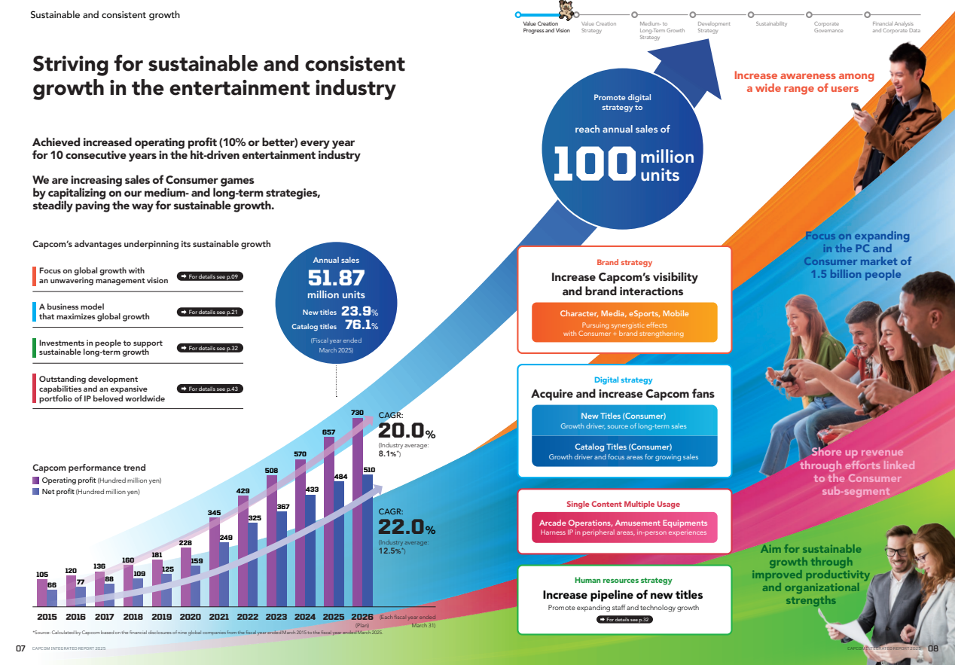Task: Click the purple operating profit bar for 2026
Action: click(358, 512)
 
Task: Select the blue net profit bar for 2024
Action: click(311, 550)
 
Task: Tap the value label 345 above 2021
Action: click(214, 512)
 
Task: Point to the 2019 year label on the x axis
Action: click(161, 616)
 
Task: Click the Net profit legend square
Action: click(35, 492)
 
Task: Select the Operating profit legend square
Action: click(35, 480)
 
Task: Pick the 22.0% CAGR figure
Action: click(405, 526)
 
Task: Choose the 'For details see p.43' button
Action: click(210, 389)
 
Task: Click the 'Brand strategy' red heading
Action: click(624, 263)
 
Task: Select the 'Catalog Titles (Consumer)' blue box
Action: click(624, 452)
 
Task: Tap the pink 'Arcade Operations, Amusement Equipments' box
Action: click(624, 527)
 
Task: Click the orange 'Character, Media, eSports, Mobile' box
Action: click(624, 322)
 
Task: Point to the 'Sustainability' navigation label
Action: click(771, 24)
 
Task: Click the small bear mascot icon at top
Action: click(565, 9)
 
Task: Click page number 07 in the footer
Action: click(21, 648)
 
